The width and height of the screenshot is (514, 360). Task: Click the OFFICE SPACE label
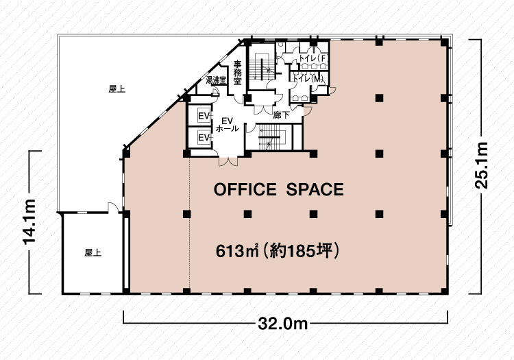tap(279, 189)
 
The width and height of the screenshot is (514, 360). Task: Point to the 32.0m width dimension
tap(283, 324)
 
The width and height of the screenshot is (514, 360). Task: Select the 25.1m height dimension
tap(482, 165)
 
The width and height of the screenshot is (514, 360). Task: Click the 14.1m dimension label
tap(29, 222)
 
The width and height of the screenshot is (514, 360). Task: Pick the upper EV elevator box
tap(204, 116)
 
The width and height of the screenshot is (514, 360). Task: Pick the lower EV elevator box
tap(204, 137)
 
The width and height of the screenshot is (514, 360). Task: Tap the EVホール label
tap(227, 125)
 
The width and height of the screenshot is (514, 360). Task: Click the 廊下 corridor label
tap(281, 115)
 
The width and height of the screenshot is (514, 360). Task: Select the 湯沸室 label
tap(216, 80)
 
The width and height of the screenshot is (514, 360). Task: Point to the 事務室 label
tap(237, 73)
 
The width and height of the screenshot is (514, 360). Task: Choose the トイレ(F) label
tap(313, 58)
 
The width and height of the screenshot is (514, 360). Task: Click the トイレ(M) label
tap(308, 79)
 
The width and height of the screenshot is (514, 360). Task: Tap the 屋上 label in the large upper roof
tap(117, 89)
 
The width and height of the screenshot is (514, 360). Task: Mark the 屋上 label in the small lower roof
tap(93, 253)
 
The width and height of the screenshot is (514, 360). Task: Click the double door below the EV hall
tap(228, 160)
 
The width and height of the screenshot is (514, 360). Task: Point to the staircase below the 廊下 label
tap(273, 137)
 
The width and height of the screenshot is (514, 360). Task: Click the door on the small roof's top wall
tap(113, 208)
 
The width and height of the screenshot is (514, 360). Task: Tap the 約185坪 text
tap(302, 252)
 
